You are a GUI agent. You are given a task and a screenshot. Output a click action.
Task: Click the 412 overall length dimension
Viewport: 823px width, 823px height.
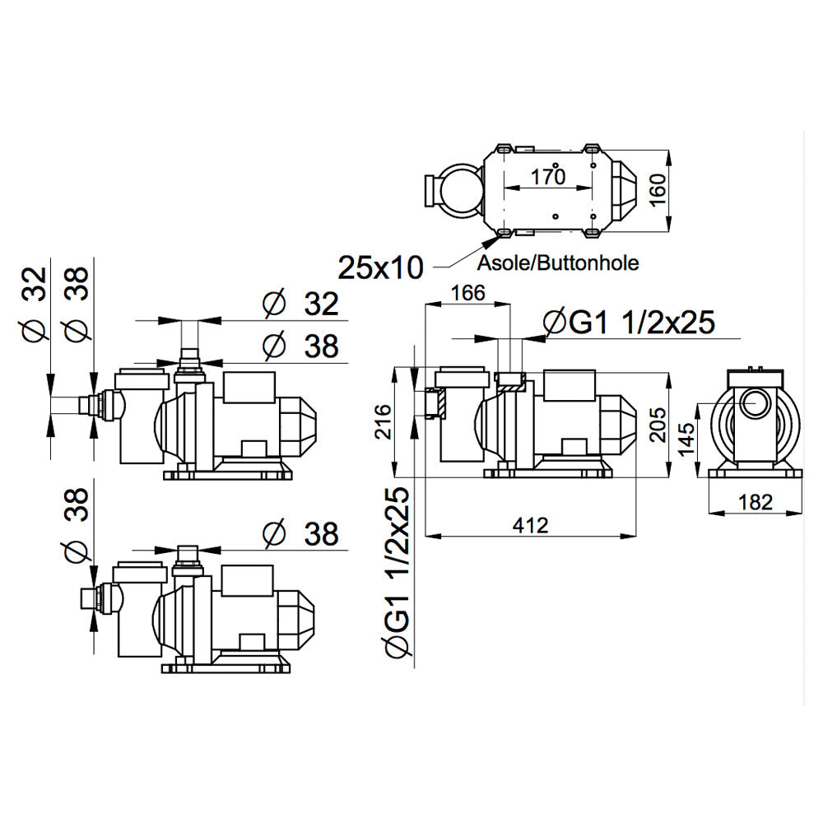pos(530,525)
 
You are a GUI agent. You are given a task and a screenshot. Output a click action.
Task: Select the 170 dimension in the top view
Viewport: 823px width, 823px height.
pos(547,177)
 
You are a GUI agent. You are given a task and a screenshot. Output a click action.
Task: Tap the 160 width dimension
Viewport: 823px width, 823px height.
pos(657,190)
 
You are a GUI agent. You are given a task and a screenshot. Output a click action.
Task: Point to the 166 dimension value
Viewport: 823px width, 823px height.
pos(467,293)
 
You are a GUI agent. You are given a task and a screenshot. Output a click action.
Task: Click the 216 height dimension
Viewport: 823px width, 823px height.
pos(384,421)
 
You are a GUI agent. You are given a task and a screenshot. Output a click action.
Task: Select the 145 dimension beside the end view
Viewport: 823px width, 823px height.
pos(686,439)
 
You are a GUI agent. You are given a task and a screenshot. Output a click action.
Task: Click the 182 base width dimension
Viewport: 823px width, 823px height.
pos(756,502)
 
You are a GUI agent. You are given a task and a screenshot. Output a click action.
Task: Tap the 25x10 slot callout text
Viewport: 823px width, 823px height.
pos(380,267)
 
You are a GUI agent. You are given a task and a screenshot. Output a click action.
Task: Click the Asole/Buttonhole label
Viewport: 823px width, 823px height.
pos(558,263)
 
